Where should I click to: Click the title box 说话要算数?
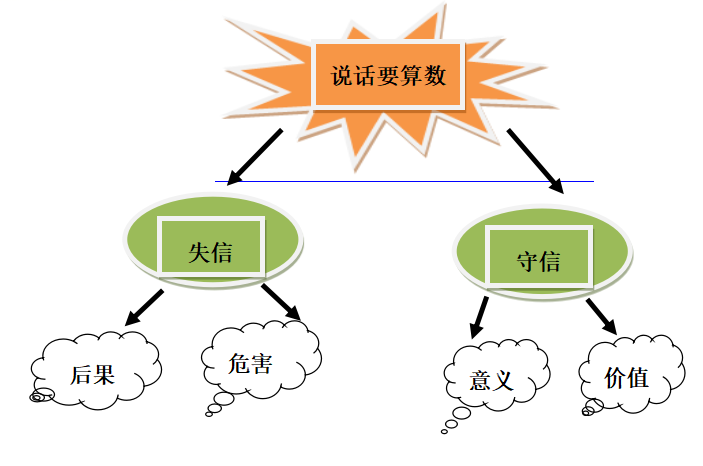coord(389,74)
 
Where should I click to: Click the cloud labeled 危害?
coord(259,363)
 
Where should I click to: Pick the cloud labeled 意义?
coord(492,380)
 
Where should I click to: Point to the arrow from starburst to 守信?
coord(535,159)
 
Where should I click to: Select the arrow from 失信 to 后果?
coord(145,308)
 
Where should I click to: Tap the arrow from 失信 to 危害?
coord(282,304)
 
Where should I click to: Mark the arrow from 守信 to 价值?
coord(601,314)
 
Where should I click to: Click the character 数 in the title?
coord(435,75)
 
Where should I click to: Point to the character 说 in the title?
coord(342,75)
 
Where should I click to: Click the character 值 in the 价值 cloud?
coord(640,378)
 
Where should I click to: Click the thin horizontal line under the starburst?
coord(400,181)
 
